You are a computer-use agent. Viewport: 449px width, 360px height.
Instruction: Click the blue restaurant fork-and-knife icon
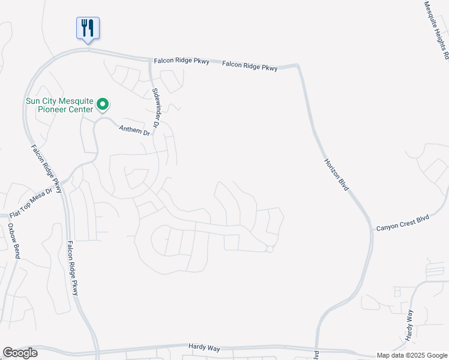[88, 28]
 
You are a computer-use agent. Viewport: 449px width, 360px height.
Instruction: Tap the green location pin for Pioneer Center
[103, 105]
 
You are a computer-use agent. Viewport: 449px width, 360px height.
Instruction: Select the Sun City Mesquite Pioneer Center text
[59, 105]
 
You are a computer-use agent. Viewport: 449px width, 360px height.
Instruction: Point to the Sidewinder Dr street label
[155, 109]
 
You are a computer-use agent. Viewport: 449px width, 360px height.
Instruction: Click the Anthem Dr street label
[133, 130]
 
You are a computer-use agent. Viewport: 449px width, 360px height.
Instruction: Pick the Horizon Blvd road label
[336, 175]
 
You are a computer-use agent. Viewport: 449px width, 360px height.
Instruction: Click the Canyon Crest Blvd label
[403, 223]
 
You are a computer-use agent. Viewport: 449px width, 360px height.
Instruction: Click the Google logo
[20, 353]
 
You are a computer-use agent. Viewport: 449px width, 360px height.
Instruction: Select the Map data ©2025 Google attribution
[412, 355]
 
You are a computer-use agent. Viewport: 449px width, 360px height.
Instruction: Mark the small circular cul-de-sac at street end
[270, 249]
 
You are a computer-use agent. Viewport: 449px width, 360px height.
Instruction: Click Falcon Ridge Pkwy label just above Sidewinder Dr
[181, 61]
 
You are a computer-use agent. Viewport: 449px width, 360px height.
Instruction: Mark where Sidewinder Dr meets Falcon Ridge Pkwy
[150, 59]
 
